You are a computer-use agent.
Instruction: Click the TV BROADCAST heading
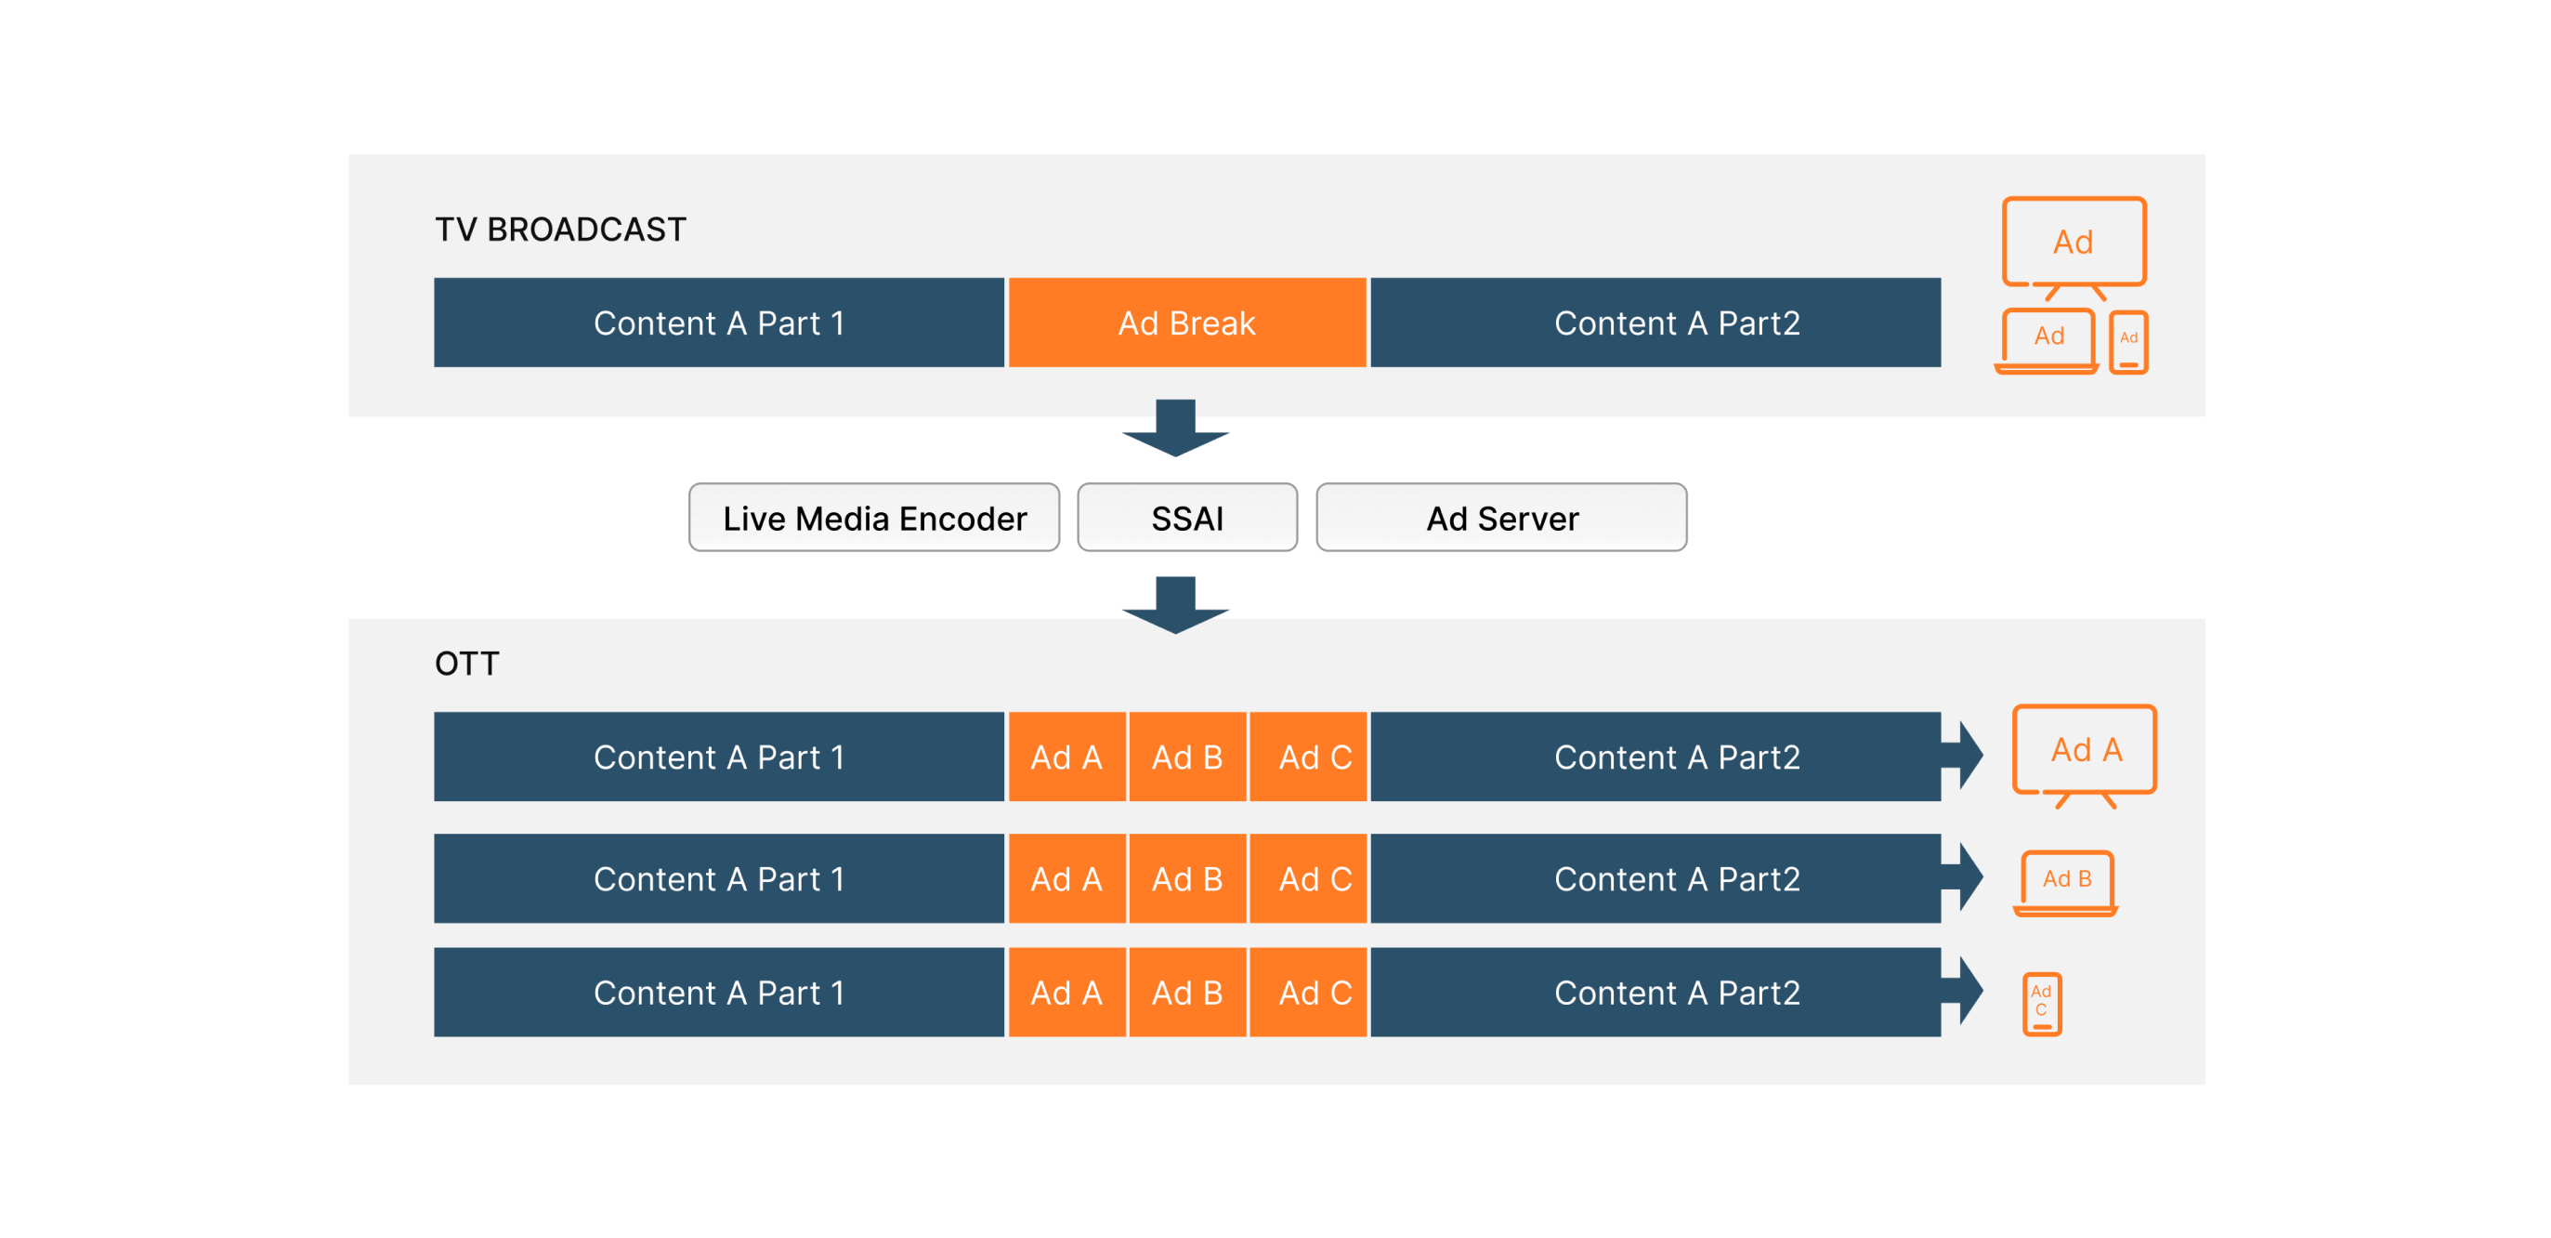[560, 230]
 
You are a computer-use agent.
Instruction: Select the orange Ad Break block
[1186, 323]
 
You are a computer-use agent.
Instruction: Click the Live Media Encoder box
[874, 518]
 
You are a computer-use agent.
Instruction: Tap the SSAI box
[1186, 518]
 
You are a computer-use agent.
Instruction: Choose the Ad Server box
[1501, 518]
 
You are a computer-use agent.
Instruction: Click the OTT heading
[466, 664]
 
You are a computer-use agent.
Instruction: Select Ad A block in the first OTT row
[1066, 757]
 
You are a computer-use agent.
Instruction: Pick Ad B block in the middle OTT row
[1186, 879]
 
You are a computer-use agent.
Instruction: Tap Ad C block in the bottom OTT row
[1315, 994]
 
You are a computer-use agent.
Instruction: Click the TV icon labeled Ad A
[2085, 753]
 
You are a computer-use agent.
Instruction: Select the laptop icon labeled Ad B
[2067, 881]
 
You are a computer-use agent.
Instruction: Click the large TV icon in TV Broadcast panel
[2074, 245]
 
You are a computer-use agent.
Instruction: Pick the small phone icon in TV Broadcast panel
[2128, 343]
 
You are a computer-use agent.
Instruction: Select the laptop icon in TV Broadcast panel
[2047, 342]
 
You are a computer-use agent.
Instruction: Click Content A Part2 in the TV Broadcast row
[1676, 323]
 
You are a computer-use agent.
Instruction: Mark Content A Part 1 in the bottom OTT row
[719, 994]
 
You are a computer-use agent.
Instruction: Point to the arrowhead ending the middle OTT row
[1965, 877]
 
